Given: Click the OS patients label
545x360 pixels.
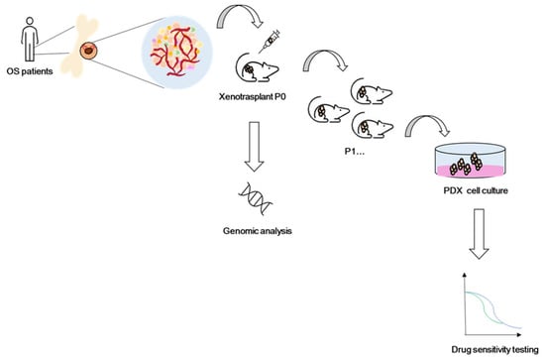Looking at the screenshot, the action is (30, 71).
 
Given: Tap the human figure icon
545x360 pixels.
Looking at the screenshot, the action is (30, 39).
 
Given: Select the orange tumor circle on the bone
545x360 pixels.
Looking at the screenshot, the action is (88, 51).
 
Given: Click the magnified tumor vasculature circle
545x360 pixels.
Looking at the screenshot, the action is (177, 52).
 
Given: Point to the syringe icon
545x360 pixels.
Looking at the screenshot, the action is (270, 42).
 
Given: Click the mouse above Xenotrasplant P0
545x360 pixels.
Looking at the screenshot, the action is (258, 67).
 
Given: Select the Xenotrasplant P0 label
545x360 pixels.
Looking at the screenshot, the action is (253, 97).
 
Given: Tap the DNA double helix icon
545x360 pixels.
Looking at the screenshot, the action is (256, 198).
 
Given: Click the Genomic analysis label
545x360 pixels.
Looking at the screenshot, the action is (258, 231).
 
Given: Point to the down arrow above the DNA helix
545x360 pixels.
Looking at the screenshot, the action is (255, 147).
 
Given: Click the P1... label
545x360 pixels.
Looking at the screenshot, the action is (355, 152).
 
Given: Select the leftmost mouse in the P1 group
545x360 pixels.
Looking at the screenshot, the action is (329, 109).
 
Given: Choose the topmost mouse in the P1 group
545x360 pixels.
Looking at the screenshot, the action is (372, 91).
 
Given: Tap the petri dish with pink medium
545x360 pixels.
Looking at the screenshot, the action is (471, 161).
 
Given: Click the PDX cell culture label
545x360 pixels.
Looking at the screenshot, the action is (476, 190).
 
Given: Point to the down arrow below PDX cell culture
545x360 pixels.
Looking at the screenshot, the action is (480, 234).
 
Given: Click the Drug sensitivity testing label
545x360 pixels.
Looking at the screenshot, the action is (494, 349).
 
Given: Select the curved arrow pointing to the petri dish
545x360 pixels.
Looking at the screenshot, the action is (427, 120).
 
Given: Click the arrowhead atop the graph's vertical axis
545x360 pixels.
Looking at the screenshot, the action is (465, 275).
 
